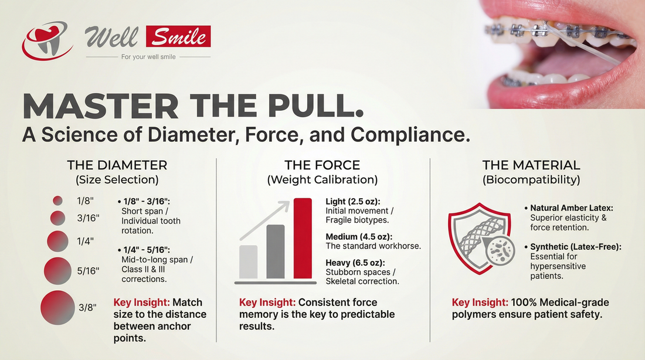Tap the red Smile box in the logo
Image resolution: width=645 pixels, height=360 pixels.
pos(179,37)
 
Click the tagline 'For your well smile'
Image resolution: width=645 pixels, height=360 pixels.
pos(148,57)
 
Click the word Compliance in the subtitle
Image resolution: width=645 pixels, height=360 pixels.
pos(405,134)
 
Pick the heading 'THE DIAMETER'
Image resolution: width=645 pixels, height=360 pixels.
pos(117,165)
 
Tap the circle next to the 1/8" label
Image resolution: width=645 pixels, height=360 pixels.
pos(57,201)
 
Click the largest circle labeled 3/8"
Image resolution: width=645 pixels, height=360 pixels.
pos(57,307)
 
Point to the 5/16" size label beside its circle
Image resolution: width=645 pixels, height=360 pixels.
pos(88,271)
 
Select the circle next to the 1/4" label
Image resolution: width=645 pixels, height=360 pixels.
pos(57,240)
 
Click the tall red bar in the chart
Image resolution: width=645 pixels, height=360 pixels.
pos(303,239)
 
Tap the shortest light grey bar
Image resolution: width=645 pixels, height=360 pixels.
pos(249,261)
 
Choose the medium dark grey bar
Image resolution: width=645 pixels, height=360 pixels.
pos(275,251)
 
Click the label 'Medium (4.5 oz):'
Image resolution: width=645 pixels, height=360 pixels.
pos(358,237)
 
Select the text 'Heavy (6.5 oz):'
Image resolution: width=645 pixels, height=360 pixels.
pos(354,263)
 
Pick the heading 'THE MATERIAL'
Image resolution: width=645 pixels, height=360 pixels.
pos(531,165)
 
